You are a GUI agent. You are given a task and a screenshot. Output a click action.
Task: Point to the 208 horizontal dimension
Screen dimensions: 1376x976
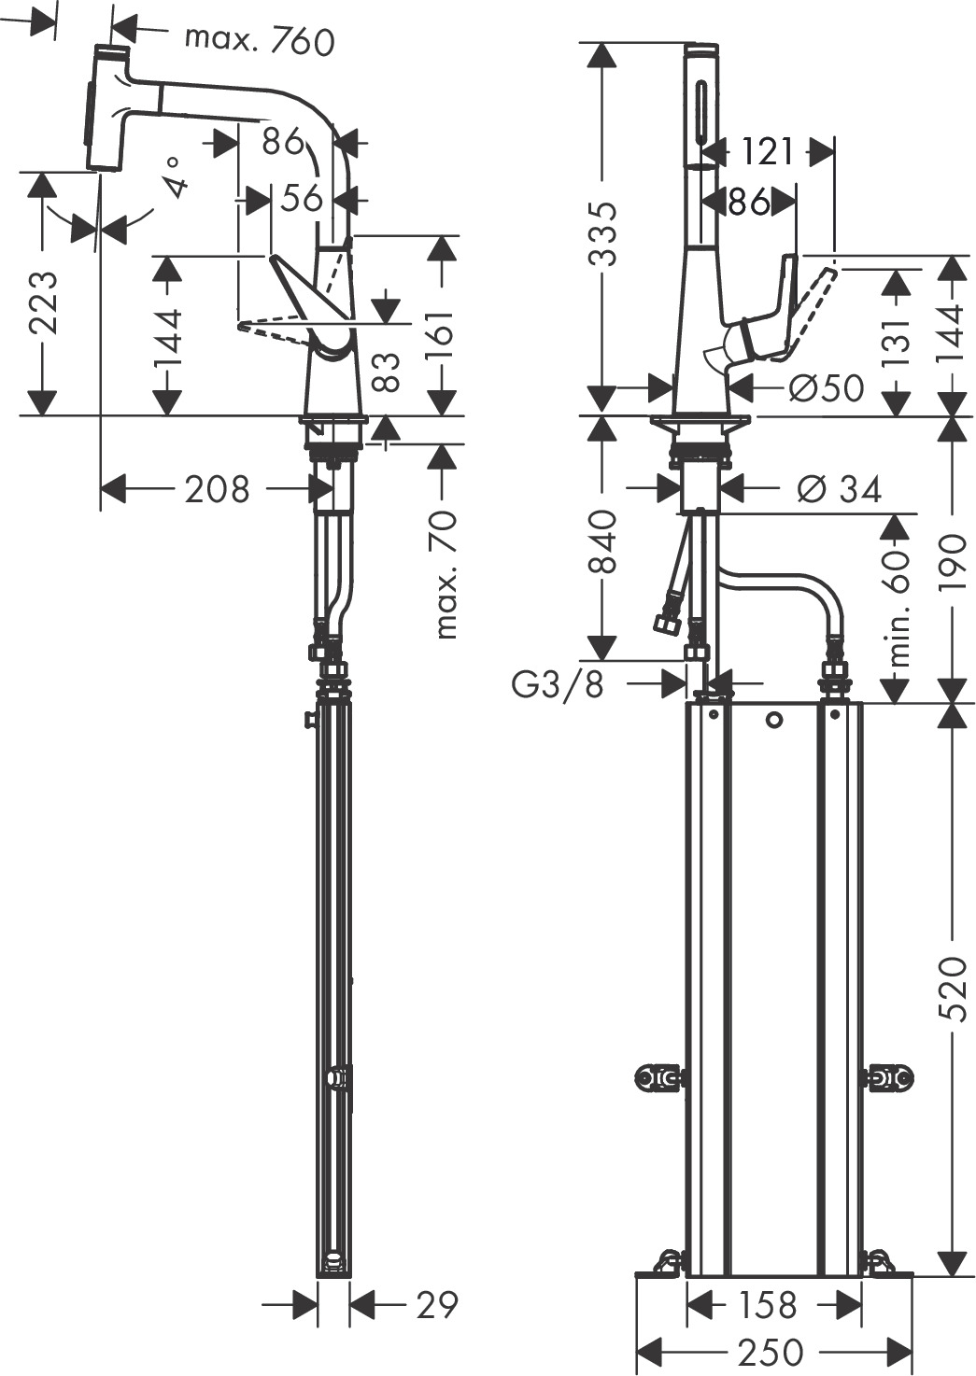click(217, 488)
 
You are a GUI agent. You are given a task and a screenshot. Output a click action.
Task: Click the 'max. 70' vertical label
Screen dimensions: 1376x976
click(446, 574)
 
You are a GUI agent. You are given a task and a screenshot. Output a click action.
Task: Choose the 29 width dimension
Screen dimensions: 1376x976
click(436, 1304)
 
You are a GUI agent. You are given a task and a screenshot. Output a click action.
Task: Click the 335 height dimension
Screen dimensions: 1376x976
click(605, 233)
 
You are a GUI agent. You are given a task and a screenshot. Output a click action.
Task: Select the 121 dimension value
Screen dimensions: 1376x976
click(769, 151)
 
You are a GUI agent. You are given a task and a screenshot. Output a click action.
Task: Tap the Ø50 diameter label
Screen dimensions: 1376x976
click(827, 387)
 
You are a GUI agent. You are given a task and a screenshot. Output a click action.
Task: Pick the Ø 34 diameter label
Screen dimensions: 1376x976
click(839, 488)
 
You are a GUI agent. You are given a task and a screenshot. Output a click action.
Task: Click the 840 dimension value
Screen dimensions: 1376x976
click(604, 541)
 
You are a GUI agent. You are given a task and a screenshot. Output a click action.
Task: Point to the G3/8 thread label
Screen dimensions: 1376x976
click(558, 684)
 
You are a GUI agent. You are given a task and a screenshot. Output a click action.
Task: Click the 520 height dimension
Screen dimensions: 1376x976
click(955, 989)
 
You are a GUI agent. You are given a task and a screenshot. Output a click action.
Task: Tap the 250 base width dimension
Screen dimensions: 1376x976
click(773, 1351)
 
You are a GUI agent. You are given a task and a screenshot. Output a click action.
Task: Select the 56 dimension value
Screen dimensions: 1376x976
click(302, 198)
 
